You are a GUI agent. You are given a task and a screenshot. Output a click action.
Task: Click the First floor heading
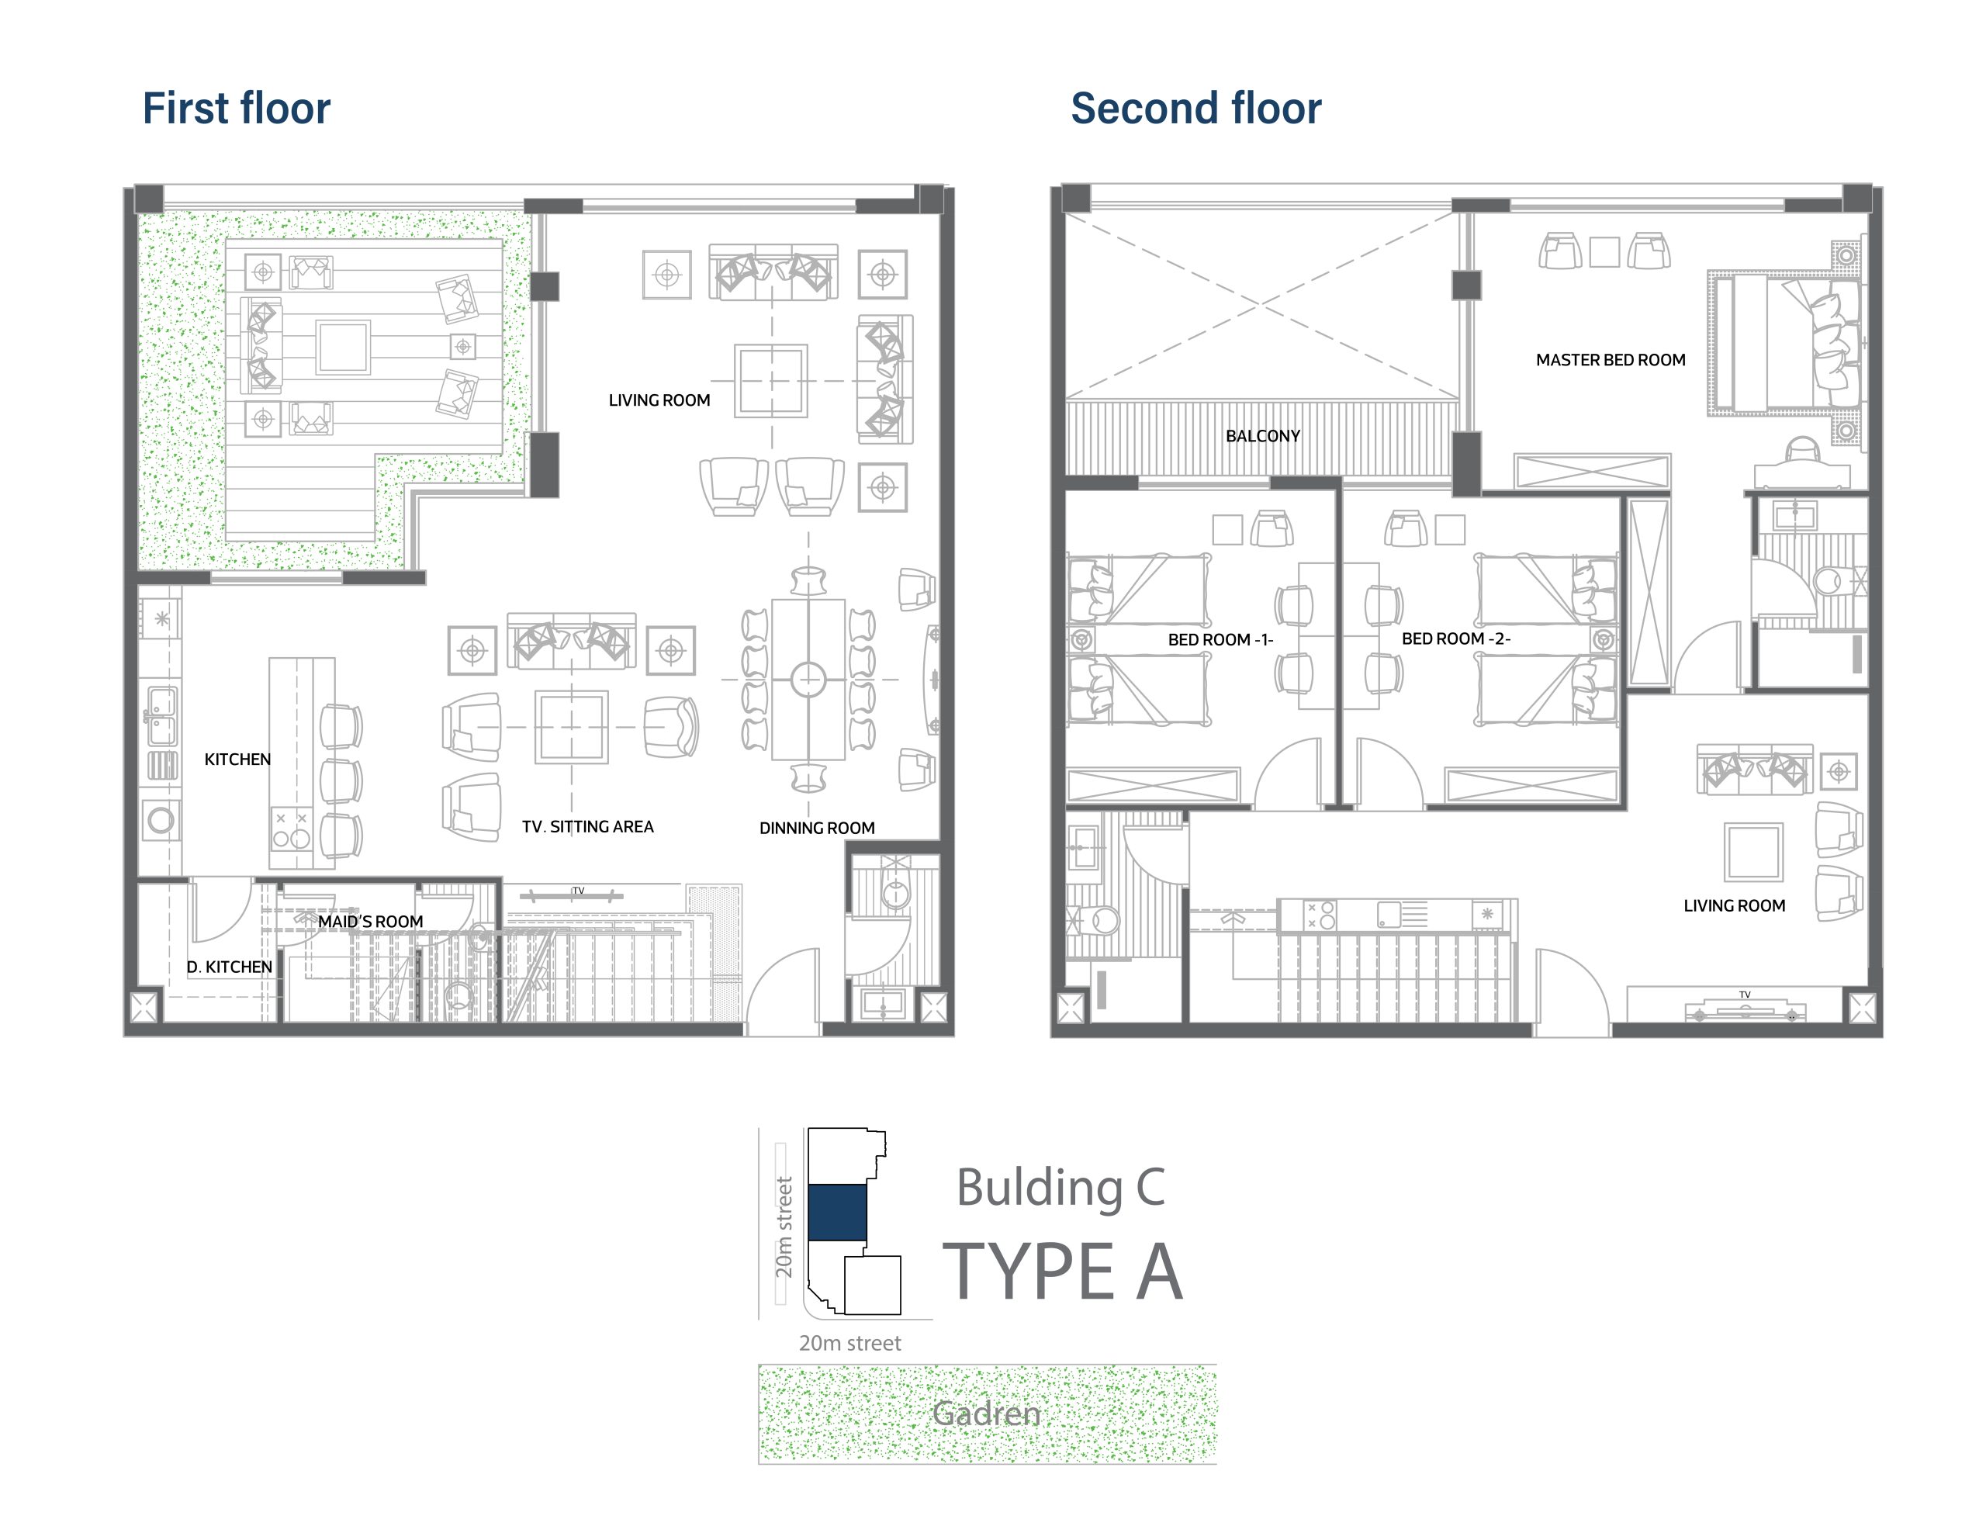click(237, 108)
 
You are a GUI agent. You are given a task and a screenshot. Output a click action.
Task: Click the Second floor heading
click(1195, 108)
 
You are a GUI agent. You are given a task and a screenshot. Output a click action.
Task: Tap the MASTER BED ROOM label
click(1611, 360)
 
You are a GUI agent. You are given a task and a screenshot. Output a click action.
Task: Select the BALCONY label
click(1263, 437)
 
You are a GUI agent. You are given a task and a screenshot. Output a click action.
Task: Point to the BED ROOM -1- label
click(1220, 640)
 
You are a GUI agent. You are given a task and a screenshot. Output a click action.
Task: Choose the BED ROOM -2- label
click(1456, 639)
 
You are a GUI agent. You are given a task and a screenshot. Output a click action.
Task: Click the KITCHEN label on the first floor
click(237, 760)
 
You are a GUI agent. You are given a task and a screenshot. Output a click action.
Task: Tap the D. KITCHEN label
click(229, 967)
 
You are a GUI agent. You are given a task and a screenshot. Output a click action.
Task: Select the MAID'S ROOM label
click(370, 922)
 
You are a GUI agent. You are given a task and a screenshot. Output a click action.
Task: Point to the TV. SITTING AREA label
click(587, 826)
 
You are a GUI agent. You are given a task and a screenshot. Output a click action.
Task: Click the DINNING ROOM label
click(817, 829)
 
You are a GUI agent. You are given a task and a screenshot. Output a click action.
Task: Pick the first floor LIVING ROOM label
click(659, 400)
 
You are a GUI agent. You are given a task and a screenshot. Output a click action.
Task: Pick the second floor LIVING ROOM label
click(1734, 905)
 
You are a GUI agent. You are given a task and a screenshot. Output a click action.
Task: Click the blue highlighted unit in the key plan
click(836, 1212)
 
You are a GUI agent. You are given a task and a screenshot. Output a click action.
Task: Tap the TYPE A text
click(1062, 1271)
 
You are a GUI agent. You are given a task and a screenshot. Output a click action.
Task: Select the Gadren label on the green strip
click(987, 1413)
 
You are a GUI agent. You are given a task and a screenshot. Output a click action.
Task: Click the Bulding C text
click(1060, 1189)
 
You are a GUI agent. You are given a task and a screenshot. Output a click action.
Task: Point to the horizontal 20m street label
click(849, 1343)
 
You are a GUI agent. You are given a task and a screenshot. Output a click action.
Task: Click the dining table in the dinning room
click(808, 679)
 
